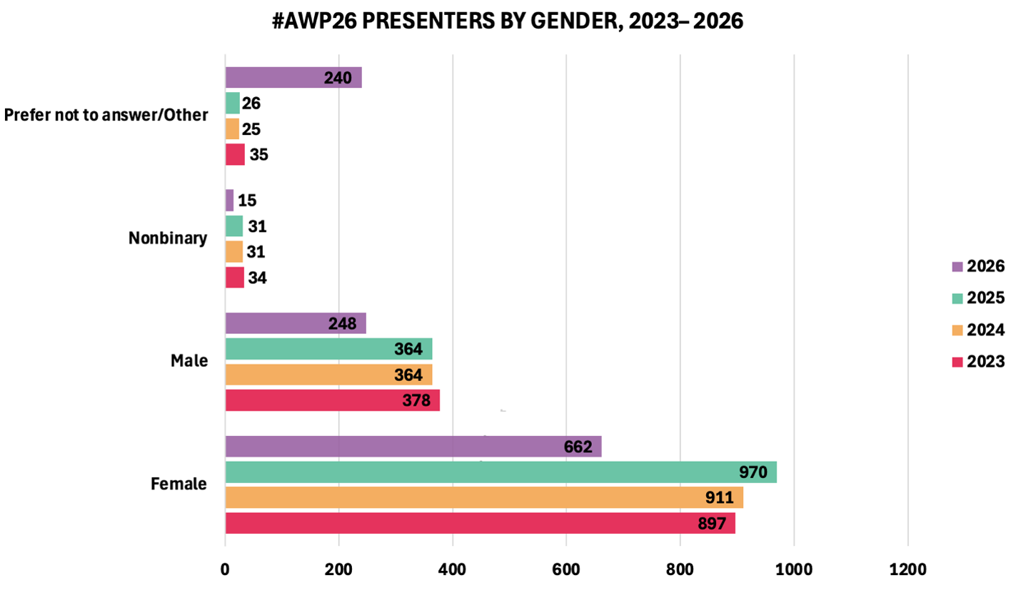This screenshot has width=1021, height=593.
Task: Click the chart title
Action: [x=508, y=21]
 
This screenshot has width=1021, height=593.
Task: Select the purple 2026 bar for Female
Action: [x=413, y=447]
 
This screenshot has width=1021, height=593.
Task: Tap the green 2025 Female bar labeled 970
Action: [x=500, y=472]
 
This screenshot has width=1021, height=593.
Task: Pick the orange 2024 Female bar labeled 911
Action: [x=483, y=497]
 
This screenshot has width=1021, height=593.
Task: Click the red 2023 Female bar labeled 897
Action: [x=479, y=523]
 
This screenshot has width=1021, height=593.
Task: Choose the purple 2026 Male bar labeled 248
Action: [x=295, y=323]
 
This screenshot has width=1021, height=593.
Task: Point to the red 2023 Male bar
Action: [x=332, y=400]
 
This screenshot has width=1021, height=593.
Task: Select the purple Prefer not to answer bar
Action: [x=293, y=78]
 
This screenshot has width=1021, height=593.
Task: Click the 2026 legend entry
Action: [x=978, y=266]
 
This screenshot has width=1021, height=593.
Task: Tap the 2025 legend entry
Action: [x=978, y=298]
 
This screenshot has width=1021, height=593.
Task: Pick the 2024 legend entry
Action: [x=978, y=330]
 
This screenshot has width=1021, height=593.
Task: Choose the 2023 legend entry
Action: [x=978, y=362]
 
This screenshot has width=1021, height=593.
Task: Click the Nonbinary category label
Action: [x=168, y=238]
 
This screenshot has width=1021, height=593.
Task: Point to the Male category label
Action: [x=189, y=361]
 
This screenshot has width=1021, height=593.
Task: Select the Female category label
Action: [x=178, y=485]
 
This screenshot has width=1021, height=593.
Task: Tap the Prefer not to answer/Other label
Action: [x=106, y=116]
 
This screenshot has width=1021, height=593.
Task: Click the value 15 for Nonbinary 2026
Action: [x=247, y=201]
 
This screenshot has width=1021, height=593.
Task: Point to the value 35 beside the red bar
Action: [x=258, y=155]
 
